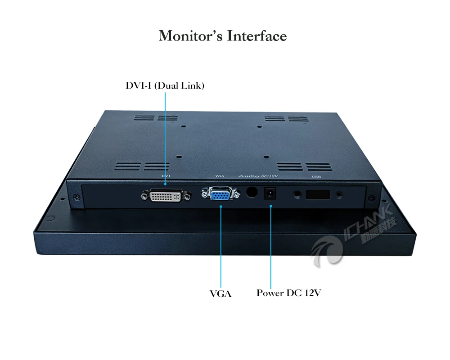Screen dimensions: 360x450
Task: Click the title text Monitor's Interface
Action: tap(223, 36)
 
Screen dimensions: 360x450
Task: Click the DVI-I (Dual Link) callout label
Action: tap(165, 85)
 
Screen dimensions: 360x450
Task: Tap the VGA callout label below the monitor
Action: tap(220, 294)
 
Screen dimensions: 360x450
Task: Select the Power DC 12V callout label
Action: tap(289, 293)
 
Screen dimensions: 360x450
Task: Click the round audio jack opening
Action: tap(252, 192)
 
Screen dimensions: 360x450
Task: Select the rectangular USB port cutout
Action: tap(318, 195)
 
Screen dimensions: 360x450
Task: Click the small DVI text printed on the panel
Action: tap(165, 176)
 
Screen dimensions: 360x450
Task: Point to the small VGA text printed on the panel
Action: tap(220, 176)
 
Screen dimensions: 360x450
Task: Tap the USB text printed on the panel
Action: tap(316, 177)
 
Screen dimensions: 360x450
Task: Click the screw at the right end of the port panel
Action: tap(372, 198)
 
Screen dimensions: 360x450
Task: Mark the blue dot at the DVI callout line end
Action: tap(165, 184)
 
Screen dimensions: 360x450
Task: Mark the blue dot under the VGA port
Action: tap(221, 206)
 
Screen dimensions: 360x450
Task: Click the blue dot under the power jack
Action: tap(270, 206)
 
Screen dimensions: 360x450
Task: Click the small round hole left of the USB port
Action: tap(297, 195)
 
